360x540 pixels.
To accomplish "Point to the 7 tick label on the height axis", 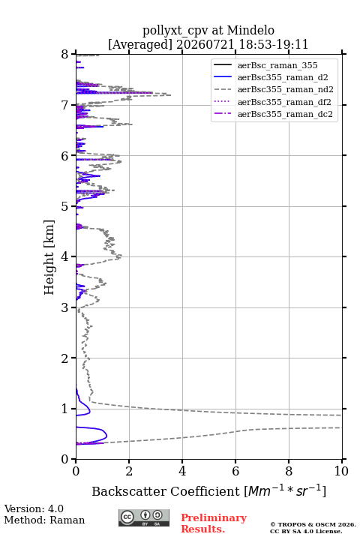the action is pyautogui.click(x=65, y=105).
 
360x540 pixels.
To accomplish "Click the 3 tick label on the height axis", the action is pyautogui.click(x=65, y=307).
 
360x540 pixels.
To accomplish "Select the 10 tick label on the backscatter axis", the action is pyautogui.click(x=341, y=471).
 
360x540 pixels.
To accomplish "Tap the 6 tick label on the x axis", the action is pyautogui.click(x=235, y=471).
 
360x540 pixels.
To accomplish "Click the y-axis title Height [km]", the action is pyautogui.click(x=49, y=257).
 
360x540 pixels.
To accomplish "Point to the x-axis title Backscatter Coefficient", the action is pyautogui.click(x=166, y=491).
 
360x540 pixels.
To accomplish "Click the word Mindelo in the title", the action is pyautogui.click(x=250, y=30).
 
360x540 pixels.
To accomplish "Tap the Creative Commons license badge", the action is pyautogui.click(x=144, y=517).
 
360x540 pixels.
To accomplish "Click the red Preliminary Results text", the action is pyautogui.click(x=214, y=523).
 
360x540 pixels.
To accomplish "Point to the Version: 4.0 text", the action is pyautogui.click(x=34, y=508).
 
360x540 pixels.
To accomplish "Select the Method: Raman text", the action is pyautogui.click(x=44, y=520).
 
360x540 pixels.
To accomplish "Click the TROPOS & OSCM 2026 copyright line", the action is pyautogui.click(x=313, y=524).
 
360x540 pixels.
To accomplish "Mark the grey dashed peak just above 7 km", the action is pyautogui.click(x=170, y=95).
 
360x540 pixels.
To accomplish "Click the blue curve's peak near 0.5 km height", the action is pyautogui.click(x=106, y=436).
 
